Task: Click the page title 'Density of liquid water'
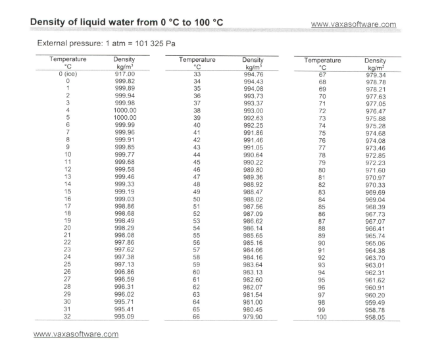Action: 127,23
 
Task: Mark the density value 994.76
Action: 253,74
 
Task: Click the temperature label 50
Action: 195,198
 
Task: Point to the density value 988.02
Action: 253,198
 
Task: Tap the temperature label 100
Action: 322,317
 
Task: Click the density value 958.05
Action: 376,317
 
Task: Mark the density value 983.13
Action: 253,270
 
